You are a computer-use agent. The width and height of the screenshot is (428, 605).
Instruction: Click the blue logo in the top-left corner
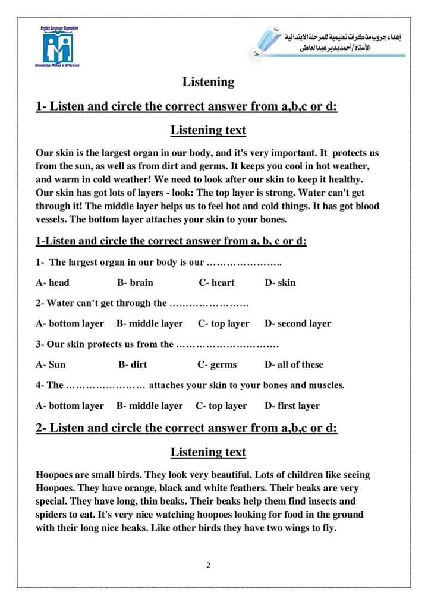coord(56,47)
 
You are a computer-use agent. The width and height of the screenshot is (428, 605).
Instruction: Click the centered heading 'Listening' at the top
coord(208,82)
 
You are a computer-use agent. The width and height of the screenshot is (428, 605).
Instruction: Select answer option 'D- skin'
coord(280,283)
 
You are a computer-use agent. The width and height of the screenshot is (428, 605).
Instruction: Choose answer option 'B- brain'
coord(135,283)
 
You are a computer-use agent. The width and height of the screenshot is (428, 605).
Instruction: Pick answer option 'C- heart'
coord(216,283)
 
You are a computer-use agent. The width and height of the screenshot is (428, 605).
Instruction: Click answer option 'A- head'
coord(52,283)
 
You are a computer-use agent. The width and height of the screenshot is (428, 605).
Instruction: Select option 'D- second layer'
coord(297,324)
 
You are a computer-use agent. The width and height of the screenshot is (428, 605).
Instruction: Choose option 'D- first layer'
coord(292,406)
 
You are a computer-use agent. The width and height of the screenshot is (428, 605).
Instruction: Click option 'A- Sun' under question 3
coord(51,365)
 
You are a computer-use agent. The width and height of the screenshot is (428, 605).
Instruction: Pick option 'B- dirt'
coord(133,365)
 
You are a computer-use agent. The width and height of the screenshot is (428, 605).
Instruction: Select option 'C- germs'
coord(217,365)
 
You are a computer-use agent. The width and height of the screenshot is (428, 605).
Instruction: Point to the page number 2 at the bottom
coord(208,565)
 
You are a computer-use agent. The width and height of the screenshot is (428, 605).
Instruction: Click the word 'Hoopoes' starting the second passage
coord(55,475)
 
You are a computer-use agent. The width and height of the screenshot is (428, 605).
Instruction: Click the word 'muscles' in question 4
coord(326,385)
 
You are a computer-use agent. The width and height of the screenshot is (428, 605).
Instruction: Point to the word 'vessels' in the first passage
coord(51,219)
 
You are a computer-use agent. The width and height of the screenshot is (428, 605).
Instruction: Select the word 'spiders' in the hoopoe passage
coord(53,515)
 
